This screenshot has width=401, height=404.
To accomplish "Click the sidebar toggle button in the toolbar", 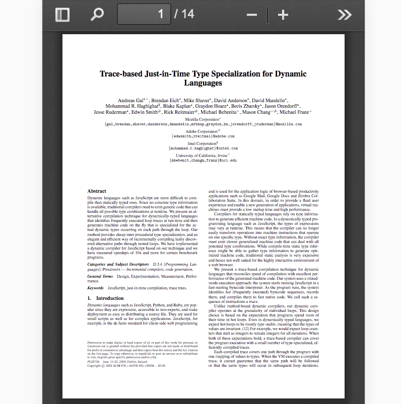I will click(x=62, y=14).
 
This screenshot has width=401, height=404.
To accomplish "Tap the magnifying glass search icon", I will click(x=96, y=14).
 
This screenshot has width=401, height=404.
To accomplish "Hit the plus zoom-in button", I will click(x=283, y=15).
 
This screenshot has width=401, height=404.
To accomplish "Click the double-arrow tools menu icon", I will click(x=345, y=15).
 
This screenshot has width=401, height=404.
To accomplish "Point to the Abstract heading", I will click(x=97, y=191).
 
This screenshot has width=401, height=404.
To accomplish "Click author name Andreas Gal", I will click(x=131, y=101).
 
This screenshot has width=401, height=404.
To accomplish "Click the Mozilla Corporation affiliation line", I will click(x=203, y=119).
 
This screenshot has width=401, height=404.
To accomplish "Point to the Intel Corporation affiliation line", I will click(x=203, y=143).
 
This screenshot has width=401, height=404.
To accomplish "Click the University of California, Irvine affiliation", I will click(x=203, y=155).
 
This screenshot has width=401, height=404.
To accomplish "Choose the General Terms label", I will click(x=100, y=276).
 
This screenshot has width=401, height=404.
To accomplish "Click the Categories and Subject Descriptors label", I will click(x=117, y=264).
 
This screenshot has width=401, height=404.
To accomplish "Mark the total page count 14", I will click(x=187, y=14).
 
